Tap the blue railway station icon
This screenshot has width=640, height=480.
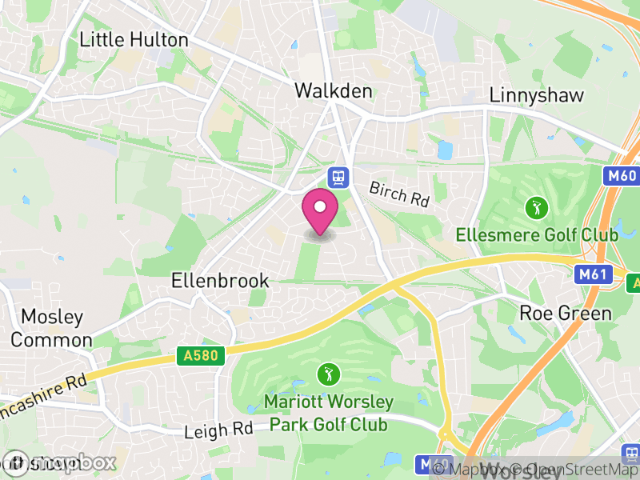[x=338, y=176]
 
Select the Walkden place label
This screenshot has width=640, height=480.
[x=334, y=91]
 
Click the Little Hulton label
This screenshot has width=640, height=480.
[x=134, y=40]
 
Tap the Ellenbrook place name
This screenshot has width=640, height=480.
[x=220, y=281]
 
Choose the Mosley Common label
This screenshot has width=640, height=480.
[x=51, y=328]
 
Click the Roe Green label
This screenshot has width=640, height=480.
[x=566, y=313]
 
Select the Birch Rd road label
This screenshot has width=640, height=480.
[x=398, y=194]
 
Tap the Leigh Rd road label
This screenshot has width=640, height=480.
[x=218, y=430]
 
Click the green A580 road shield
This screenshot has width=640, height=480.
[x=199, y=355]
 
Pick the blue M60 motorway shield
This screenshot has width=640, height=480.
[x=620, y=175]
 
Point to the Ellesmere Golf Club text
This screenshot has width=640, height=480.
[x=537, y=235]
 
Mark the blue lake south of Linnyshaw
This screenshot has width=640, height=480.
[x=445, y=150]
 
